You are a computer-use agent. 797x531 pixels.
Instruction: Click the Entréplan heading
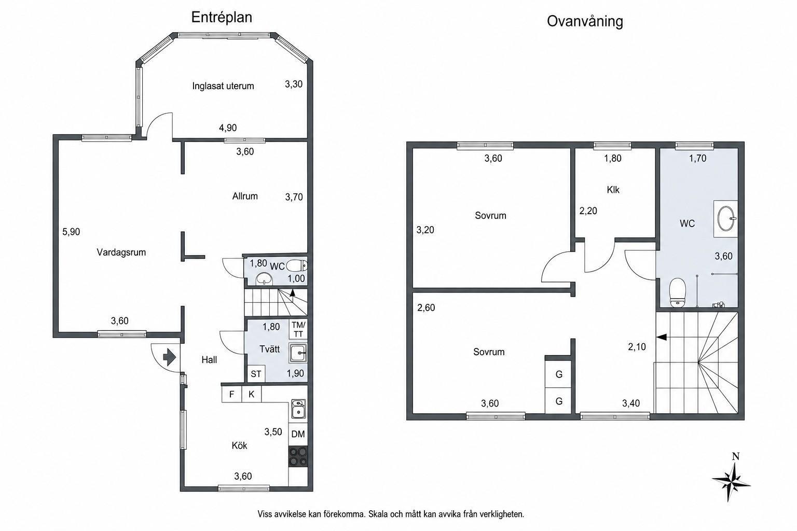pos(222,18)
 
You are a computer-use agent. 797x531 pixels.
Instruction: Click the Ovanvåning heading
pos(585,21)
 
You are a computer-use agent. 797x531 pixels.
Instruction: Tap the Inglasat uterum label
pos(223,86)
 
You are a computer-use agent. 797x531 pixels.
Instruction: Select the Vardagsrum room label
pos(121,253)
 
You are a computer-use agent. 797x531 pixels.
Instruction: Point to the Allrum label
pos(245,196)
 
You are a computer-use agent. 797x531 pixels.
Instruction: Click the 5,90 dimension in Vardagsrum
pos(71,232)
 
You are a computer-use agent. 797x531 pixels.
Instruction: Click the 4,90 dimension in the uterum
pos(228,128)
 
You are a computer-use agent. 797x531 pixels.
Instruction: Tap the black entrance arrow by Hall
pos(169,357)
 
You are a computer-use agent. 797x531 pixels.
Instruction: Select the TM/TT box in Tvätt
pos(298,329)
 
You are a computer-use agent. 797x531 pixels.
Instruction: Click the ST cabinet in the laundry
pos(256,374)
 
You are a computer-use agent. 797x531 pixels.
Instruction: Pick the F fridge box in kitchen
pos(231,395)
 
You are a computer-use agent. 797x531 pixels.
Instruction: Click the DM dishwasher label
pos(298,434)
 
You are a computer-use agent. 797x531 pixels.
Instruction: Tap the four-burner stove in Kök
pos(298,456)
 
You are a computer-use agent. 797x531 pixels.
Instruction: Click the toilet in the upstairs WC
pos(678,292)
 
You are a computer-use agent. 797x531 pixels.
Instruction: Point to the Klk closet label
pos(613,190)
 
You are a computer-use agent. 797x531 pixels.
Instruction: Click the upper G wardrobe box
pos(559,374)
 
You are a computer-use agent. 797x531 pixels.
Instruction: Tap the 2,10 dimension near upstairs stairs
pos(637,347)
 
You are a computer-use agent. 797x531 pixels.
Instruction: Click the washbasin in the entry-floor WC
pos(264,278)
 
